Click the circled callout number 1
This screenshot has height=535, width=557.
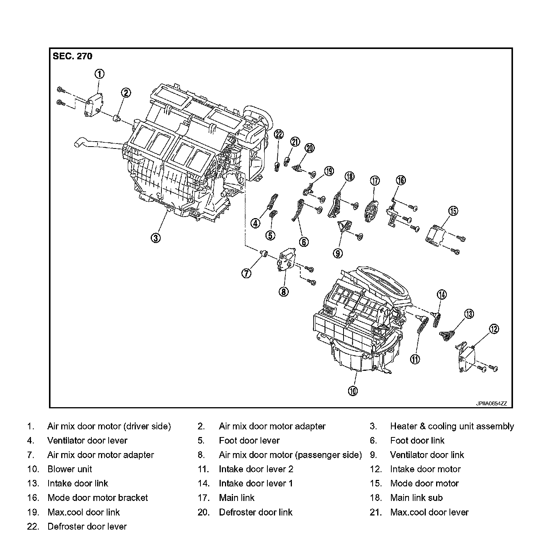tap(99, 74)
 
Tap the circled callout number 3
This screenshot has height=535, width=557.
tap(155, 238)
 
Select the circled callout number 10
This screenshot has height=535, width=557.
tap(353, 391)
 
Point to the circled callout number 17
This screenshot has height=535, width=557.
tap(375, 180)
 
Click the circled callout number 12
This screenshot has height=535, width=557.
tap(493, 329)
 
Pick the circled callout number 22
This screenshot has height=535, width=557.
tap(279, 134)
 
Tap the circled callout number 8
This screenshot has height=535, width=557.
tap(283, 292)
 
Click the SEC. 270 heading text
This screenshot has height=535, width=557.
tap(72, 56)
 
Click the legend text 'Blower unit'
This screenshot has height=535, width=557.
tap(70, 469)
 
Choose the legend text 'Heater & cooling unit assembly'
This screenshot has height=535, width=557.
tap(452, 426)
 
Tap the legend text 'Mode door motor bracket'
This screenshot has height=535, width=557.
tap(98, 498)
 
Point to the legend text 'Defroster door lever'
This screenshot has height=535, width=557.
tap(87, 527)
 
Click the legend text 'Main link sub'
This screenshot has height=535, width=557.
tap(416, 498)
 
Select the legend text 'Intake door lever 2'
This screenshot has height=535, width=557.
tap(256, 469)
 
